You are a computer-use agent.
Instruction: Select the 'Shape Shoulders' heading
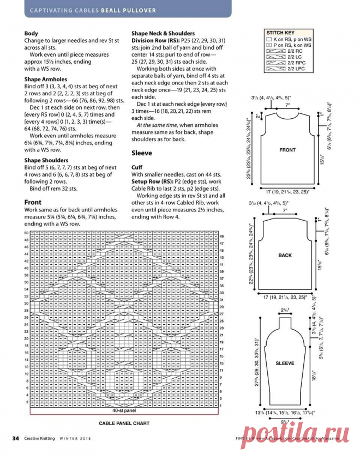[x=46, y=160]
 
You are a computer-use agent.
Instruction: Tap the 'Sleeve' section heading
[x=142, y=154]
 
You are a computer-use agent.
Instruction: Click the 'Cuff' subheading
[x=137, y=167]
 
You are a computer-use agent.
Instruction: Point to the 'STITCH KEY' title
[x=280, y=33]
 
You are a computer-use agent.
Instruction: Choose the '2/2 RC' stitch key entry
[x=295, y=51]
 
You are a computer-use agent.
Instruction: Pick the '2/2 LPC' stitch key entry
[x=296, y=69]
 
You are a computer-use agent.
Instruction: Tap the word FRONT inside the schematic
[x=287, y=150]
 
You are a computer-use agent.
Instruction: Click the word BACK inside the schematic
[x=285, y=255]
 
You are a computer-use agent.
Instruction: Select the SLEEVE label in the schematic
[x=285, y=363]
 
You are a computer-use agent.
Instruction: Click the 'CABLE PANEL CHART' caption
[x=124, y=423]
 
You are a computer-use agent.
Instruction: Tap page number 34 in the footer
[x=16, y=438]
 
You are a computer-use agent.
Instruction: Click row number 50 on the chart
[x=26, y=233]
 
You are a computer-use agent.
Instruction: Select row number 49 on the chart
[x=222, y=236]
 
